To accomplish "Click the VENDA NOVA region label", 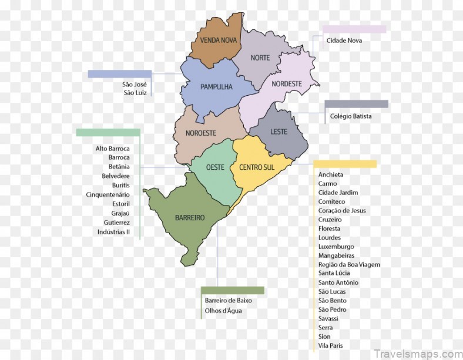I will pyautogui.click(x=218, y=41).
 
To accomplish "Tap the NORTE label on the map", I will pyautogui.click(x=260, y=58).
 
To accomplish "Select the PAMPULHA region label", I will pyautogui.click(x=216, y=87).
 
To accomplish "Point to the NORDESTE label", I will pyautogui.click(x=287, y=84).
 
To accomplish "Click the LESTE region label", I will pyautogui.click(x=279, y=132).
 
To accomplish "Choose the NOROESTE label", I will pyautogui.click(x=201, y=133).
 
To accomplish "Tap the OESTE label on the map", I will pyautogui.click(x=215, y=167).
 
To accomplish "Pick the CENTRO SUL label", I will pyautogui.click(x=257, y=167).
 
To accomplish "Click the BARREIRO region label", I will pyautogui.click(x=190, y=218).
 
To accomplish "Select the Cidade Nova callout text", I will pyautogui.click(x=344, y=41).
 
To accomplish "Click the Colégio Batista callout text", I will pyautogui.click(x=351, y=116).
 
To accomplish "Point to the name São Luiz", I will pyautogui.click(x=135, y=93).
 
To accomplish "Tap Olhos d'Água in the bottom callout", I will pyautogui.click(x=223, y=311).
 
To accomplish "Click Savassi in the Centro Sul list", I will pyautogui.click(x=328, y=318).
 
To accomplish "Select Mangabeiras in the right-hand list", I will pyautogui.click(x=336, y=255).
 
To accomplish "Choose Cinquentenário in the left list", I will pyautogui.click(x=108, y=194).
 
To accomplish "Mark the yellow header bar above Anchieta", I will pyautogui.click(x=345, y=164).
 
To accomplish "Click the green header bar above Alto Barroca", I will pyautogui.click(x=108, y=132).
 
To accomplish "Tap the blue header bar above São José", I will pyautogui.click(x=119, y=74).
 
